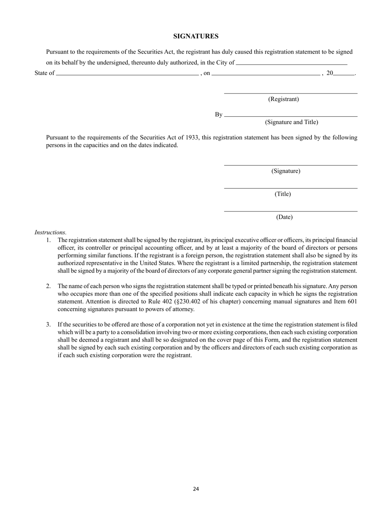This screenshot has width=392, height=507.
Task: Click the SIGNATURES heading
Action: [196, 36]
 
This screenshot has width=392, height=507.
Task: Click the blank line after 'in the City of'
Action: [291, 65]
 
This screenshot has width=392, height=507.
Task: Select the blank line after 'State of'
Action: [127, 75]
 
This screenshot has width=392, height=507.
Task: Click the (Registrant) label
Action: [283, 99]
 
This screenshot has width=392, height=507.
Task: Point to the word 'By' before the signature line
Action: [218, 115]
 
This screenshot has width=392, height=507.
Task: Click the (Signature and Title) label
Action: [291, 122]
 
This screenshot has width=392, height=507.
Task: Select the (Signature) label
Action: [286, 171]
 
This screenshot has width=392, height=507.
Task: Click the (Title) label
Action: [283, 194]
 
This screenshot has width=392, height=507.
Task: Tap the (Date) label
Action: [284, 217]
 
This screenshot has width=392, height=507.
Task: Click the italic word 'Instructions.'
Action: [50, 232]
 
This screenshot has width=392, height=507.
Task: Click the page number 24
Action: [196, 489]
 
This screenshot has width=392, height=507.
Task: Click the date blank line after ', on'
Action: [266, 75]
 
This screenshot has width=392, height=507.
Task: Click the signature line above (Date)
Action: [290, 211]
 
